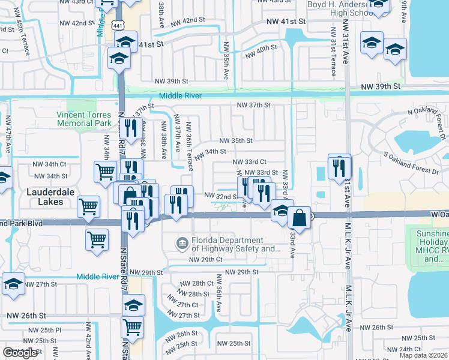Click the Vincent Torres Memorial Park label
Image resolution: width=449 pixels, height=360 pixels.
(x=84, y=119)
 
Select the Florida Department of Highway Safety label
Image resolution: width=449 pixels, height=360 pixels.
(x=236, y=244)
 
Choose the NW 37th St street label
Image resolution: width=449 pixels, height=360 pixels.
(x=254, y=105)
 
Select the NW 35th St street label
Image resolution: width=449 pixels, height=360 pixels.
(x=235, y=140)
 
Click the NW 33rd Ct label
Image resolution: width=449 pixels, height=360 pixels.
(x=250, y=162)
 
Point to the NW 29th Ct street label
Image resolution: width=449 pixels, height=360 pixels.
(x=206, y=260)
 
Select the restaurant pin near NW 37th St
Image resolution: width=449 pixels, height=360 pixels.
(x=131, y=127)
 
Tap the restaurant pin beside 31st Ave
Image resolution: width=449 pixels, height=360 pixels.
(x=339, y=166)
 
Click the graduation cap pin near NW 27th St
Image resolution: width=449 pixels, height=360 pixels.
(x=13, y=284)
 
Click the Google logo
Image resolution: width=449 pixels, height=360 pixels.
(x=20, y=353)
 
